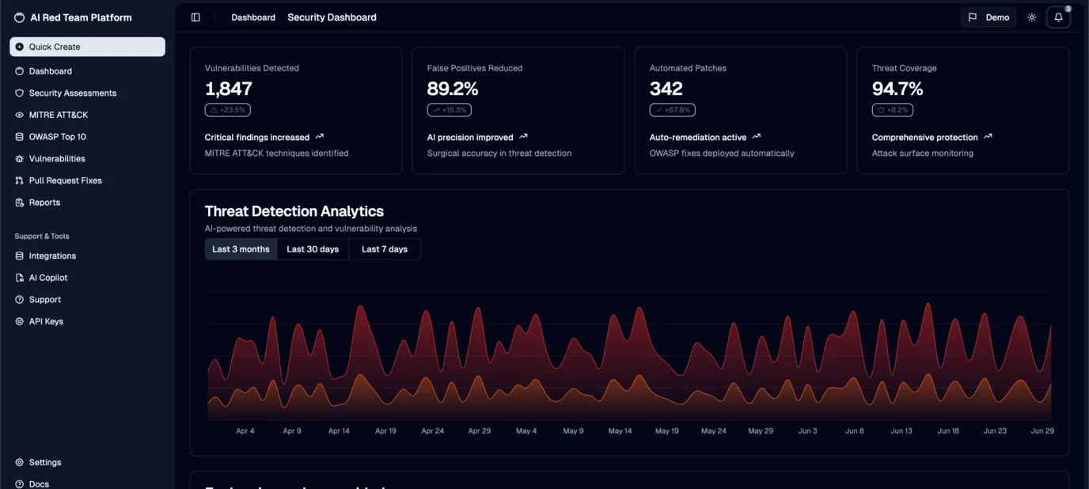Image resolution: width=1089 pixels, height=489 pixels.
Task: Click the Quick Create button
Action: (x=87, y=47)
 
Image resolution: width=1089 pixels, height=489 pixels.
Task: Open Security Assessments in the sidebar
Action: (x=72, y=93)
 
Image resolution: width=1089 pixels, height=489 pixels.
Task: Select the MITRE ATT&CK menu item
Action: (x=58, y=115)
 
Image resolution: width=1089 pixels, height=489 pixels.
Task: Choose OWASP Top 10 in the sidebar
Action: (x=57, y=137)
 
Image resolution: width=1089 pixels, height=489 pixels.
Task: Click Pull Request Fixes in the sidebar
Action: (x=65, y=180)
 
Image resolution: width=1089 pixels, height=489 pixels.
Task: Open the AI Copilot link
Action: (x=47, y=278)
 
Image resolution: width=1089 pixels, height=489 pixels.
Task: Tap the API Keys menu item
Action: (x=46, y=321)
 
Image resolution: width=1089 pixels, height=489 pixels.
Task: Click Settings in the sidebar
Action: (x=44, y=462)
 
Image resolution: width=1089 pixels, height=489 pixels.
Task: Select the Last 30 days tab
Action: (x=313, y=249)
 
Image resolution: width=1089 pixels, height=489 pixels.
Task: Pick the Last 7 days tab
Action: (x=385, y=249)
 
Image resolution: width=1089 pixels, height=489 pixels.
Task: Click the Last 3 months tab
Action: (x=241, y=249)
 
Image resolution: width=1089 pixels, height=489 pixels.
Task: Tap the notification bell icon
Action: (x=1058, y=17)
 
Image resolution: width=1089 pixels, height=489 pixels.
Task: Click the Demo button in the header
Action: (x=988, y=17)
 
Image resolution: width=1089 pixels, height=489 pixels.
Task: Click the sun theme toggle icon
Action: (x=1031, y=17)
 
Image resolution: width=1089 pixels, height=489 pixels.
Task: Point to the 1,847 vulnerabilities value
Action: (x=229, y=89)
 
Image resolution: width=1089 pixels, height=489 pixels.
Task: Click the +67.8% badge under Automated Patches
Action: (x=672, y=110)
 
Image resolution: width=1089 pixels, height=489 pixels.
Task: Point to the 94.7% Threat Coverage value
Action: (x=897, y=89)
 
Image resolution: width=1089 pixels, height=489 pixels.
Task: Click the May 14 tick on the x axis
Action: (x=620, y=431)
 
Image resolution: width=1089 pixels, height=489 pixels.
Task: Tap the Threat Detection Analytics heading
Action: (x=294, y=211)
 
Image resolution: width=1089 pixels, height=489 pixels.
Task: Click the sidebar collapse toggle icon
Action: (x=195, y=17)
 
